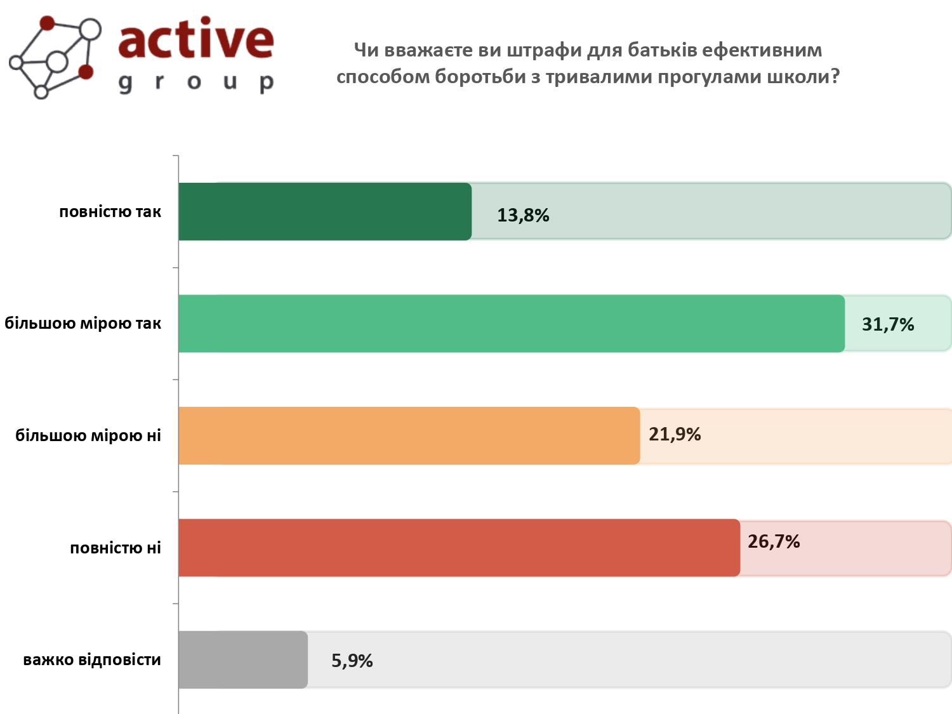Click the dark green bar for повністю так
(325, 211)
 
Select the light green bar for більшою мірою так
(512, 324)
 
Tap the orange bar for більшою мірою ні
(409, 435)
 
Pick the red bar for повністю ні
(459, 548)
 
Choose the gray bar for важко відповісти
(243, 659)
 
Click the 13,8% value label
(523, 216)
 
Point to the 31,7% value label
(888, 325)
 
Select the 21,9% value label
(675, 435)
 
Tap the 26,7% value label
(774, 542)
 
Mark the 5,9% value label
(352, 661)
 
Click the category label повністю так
(110, 212)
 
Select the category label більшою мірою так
(83, 324)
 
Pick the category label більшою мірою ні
(88, 436)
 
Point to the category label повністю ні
(116, 548)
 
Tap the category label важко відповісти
(92, 660)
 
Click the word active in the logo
(196, 39)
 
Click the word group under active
(196, 83)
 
